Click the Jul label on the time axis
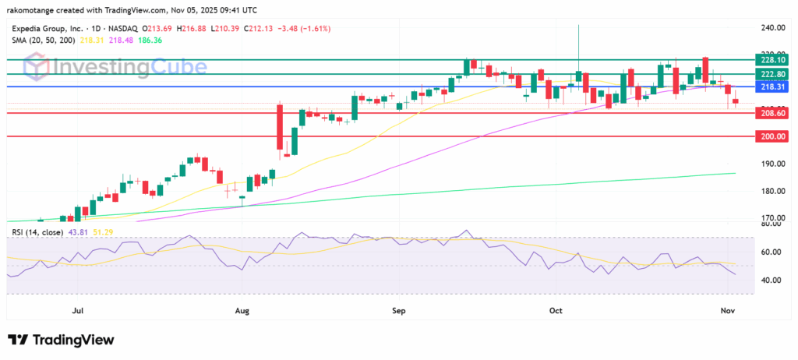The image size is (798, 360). point(77,311)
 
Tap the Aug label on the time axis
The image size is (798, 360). point(242,311)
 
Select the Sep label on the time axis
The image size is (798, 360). point(399,311)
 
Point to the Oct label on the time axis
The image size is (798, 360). point(556,311)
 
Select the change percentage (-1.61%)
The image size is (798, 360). point(311,28)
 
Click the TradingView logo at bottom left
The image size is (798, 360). point(61,340)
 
